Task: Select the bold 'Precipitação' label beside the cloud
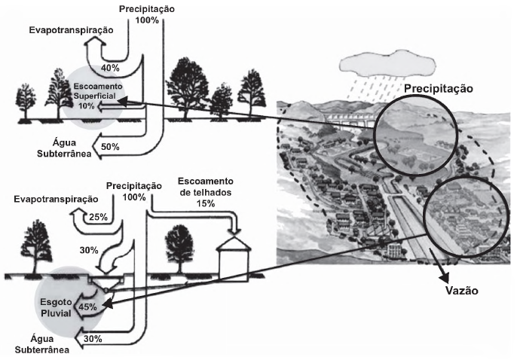pyautogui.click(x=438, y=88)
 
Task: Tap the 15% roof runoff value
pyautogui.click(x=206, y=204)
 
